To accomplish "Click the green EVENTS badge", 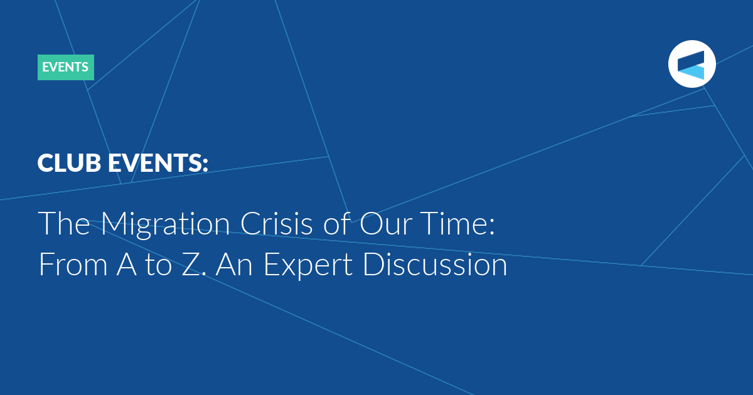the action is (x=65, y=67).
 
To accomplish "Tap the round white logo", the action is (x=692, y=64).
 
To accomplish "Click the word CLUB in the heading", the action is (x=69, y=163).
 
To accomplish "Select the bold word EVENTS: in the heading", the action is (x=158, y=163).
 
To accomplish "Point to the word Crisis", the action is (x=276, y=223).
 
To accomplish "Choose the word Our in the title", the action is (x=385, y=223).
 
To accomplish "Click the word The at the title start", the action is (x=64, y=223).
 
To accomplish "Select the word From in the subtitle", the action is (x=73, y=264).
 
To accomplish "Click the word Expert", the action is (x=308, y=266).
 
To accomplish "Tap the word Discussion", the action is (x=435, y=264).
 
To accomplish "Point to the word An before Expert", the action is (x=234, y=264).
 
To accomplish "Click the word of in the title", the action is (x=336, y=223).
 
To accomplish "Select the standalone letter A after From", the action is (x=127, y=264).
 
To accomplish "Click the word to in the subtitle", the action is (x=158, y=265).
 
